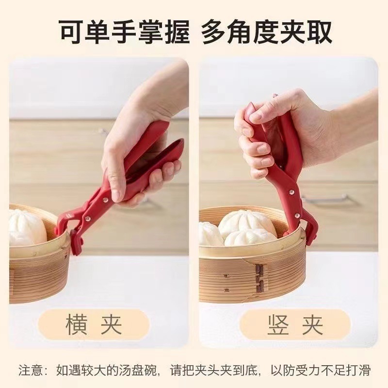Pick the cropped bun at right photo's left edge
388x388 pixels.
[x=209, y=233]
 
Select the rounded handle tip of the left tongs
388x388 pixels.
[x=178, y=143]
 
